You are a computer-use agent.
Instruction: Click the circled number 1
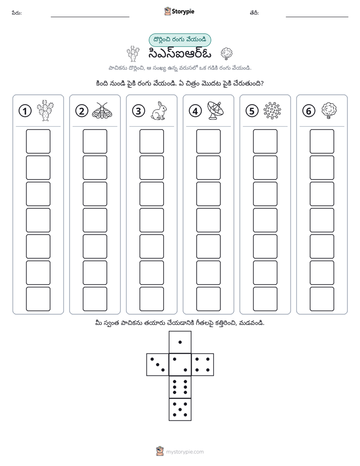click(25, 111)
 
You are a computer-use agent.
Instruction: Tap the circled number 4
click(195, 111)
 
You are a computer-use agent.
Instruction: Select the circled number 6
click(309, 111)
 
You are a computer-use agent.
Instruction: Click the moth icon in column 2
click(102, 111)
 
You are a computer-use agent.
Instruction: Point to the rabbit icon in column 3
click(159, 111)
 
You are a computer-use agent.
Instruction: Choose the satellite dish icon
click(215, 110)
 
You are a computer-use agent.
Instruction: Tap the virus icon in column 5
click(272, 110)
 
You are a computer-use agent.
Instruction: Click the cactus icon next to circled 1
click(45, 110)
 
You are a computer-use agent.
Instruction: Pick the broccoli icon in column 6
click(329, 110)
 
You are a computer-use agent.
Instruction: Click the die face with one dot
click(180, 342)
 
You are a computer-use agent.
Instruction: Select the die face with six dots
click(180, 387)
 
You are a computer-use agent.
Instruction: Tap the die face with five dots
click(180, 410)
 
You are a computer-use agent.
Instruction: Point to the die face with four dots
click(203, 365)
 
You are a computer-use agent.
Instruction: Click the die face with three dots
click(158, 365)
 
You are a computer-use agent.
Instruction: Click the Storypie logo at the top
click(179, 11)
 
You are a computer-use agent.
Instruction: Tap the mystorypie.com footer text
click(185, 452)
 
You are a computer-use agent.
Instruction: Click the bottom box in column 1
click(38, 299)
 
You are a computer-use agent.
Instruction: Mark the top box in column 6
click(322, 141)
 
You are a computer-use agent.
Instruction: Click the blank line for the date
click(317, 17)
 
